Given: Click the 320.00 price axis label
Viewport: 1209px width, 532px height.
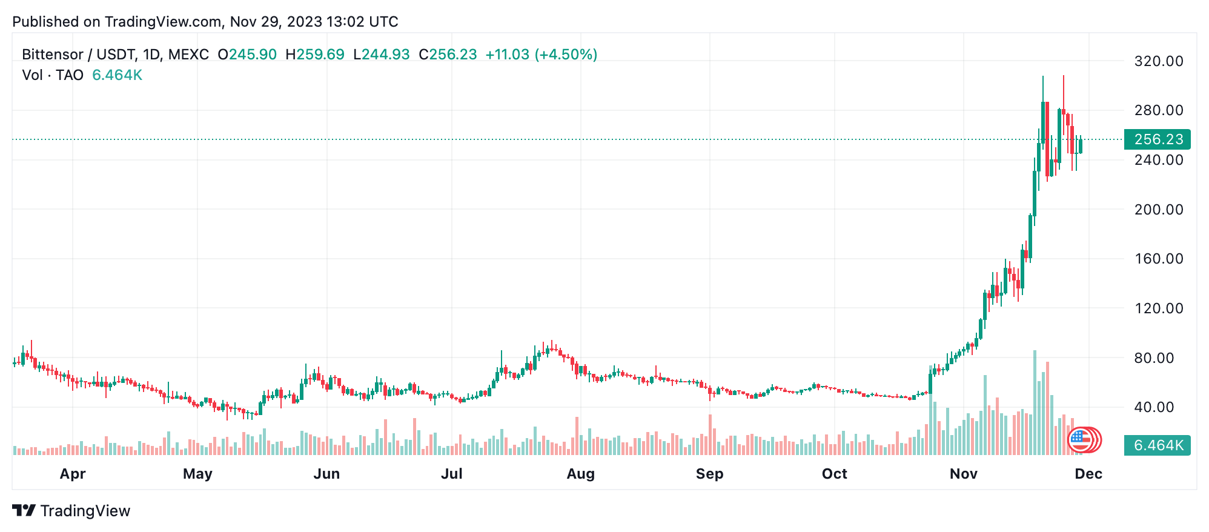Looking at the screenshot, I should pos(1158,61).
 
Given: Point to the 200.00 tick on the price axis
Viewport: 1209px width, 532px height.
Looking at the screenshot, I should pos(1158,210).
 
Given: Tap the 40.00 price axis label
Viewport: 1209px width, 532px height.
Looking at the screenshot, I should pos(1158,407).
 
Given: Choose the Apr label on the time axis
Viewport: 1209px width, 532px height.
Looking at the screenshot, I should pos(73,474).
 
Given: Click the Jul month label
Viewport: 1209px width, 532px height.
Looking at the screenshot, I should pos(452,474).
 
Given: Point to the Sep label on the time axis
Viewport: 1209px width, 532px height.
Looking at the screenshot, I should pos(709,474).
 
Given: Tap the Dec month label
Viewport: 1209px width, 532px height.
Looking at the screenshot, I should pos(1088,474).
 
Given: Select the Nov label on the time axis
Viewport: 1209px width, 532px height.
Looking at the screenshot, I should pos(963,474).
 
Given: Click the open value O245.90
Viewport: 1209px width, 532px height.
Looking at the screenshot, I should pos(247,55).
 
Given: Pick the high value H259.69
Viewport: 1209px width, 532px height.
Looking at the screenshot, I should pos(315,55).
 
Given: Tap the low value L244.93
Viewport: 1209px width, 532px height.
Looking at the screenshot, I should pos(382,55).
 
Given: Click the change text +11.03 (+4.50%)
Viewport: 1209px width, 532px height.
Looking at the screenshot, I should pos(542,55).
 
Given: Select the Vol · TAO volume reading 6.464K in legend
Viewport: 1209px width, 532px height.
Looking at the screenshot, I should pos(117,75).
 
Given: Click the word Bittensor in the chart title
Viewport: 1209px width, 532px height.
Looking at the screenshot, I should pos(53,55).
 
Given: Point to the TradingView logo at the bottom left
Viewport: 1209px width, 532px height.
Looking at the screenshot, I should pos(71,511).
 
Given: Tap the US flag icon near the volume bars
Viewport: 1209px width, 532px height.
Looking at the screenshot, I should pos(1079,440).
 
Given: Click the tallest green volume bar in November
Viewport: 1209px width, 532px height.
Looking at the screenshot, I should pos(1035,403).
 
